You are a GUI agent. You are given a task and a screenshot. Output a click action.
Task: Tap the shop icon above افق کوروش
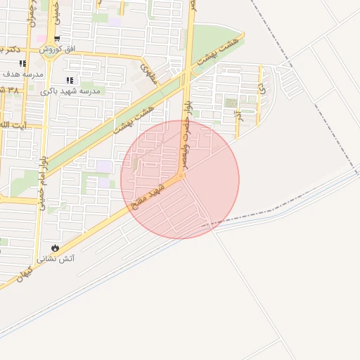[57, 39]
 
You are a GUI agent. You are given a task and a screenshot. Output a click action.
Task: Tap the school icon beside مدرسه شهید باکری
[69, 81]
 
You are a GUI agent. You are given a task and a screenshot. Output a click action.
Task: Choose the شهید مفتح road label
[148, 198]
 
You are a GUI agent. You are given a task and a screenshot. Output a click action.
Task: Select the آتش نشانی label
[60, 259]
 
